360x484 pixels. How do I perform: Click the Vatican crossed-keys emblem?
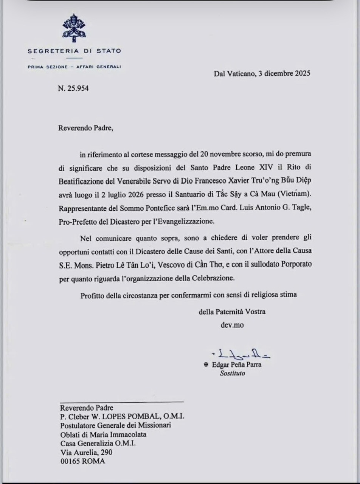pos(74,28)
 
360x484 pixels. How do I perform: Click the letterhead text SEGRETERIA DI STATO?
pos(74,51)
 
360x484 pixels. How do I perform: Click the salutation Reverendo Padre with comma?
pos(85,128)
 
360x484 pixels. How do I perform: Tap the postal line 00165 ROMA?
pos(83,461)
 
